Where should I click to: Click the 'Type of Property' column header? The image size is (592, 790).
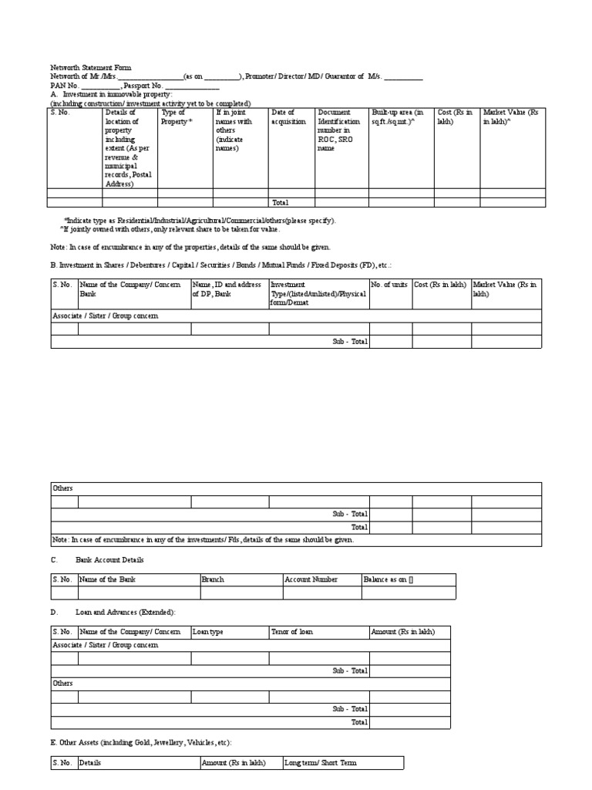[177, 117]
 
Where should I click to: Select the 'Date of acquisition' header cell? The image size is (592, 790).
[285, 117]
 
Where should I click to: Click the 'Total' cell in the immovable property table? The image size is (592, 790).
[280, 202]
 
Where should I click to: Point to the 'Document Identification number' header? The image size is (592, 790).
[339, 130]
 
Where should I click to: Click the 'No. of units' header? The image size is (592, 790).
[390, 285]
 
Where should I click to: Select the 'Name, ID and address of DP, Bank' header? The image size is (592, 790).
[227, 289]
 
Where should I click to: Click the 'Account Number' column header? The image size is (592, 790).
[311, 579]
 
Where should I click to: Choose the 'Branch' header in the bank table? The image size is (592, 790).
[214, 579]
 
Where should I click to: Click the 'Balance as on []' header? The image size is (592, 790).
[389, 579]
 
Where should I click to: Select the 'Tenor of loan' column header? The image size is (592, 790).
[292, 632]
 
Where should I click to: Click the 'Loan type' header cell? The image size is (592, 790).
[208, 632]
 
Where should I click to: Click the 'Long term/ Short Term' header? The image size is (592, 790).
[321, 763]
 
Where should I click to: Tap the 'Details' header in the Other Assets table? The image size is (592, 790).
[90, 763]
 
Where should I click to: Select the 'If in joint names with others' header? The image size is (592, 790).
[235, 130]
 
